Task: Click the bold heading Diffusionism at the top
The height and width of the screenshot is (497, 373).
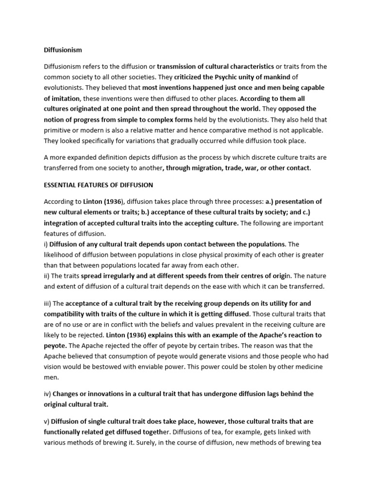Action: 63,50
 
